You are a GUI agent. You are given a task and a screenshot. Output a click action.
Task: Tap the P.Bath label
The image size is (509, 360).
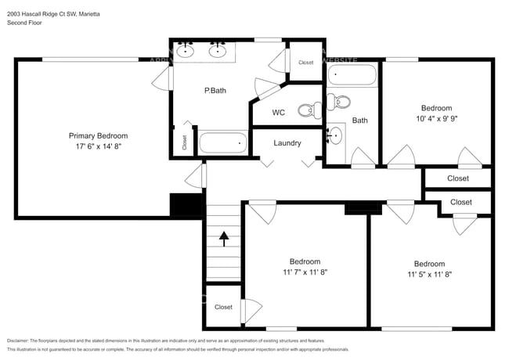[215, 91]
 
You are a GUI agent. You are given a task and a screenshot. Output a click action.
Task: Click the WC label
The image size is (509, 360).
[278, 113]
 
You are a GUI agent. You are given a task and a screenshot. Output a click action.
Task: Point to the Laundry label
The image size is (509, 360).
[287, 143]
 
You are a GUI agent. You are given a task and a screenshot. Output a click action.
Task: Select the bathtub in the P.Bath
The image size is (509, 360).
[223, 143]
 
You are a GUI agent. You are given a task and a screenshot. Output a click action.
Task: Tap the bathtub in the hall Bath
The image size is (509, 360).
[352, 77]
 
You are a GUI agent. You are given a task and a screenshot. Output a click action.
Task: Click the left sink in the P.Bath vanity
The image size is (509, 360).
[187, 51]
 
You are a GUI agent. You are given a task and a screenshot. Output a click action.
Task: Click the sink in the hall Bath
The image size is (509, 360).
[335, 135]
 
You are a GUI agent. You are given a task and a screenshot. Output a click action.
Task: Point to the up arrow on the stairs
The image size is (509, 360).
[224, 238]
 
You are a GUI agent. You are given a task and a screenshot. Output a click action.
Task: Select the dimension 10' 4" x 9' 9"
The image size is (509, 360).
[436, 119]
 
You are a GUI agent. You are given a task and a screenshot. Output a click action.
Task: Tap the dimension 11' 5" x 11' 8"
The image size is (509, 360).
[429, 275]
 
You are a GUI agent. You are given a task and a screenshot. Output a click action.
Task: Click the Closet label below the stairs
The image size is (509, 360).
[223, 308]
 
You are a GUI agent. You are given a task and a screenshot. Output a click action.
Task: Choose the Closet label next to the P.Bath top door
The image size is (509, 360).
[305, 63]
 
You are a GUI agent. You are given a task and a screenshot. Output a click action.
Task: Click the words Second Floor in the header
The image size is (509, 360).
[25, 23]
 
